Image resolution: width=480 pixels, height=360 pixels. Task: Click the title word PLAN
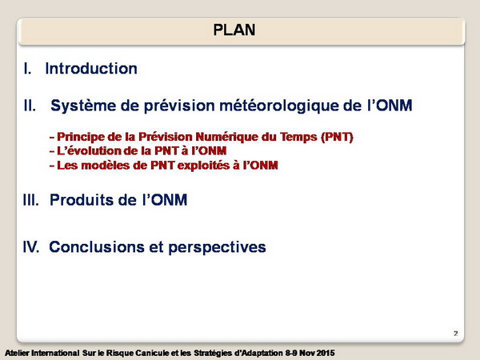[x=234, y=30]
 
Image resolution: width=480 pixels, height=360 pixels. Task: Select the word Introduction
[x=91, y=68]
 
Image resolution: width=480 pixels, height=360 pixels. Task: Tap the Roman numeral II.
[x=30, y=106]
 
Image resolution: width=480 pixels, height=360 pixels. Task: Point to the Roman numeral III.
[x=31, y=200]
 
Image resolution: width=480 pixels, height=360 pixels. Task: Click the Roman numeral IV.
[x=31, y=246]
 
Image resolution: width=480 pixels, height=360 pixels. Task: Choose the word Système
[x=83, y=106]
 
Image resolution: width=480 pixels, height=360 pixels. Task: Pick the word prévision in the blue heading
[x=179, y=106]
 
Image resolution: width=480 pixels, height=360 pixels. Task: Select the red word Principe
[x=81, y=137]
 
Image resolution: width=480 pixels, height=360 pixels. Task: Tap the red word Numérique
[x=226, y=137]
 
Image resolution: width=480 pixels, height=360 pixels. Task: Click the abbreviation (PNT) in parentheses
[x=337, y=137]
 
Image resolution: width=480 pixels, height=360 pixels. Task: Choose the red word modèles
[x=106, y=166]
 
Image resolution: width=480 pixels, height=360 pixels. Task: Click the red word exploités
[x=204, y=166]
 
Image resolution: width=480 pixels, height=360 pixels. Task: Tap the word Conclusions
[x=97, y=246]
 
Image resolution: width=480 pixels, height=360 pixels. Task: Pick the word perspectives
[x=217, y=247]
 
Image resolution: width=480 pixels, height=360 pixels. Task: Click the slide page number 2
[x=456, y=334]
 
